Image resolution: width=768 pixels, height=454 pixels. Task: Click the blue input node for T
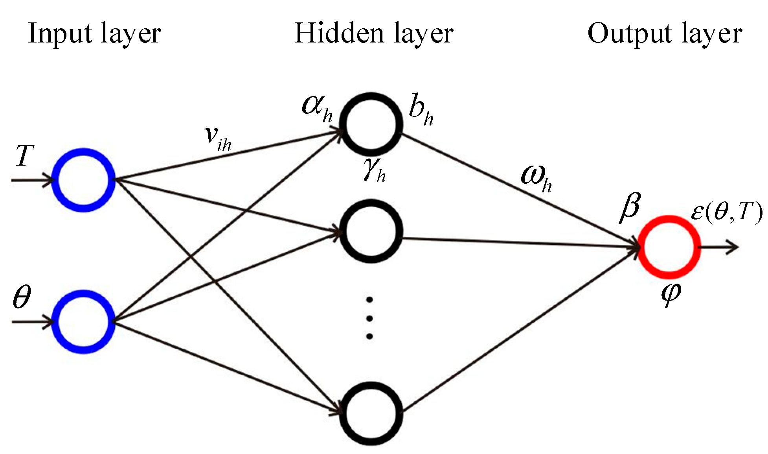tap(83, 180)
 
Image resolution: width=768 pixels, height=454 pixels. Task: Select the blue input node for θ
tap(83, 322)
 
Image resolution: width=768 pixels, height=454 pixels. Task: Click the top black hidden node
tap(371, 124)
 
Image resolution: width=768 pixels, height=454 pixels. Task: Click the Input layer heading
tap(94, 33)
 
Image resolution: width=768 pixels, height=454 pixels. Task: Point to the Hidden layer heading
tap(374, 33)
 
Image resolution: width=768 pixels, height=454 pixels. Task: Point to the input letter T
tap(23, 156)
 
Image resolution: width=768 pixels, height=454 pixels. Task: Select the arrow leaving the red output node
tap(719, 247)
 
